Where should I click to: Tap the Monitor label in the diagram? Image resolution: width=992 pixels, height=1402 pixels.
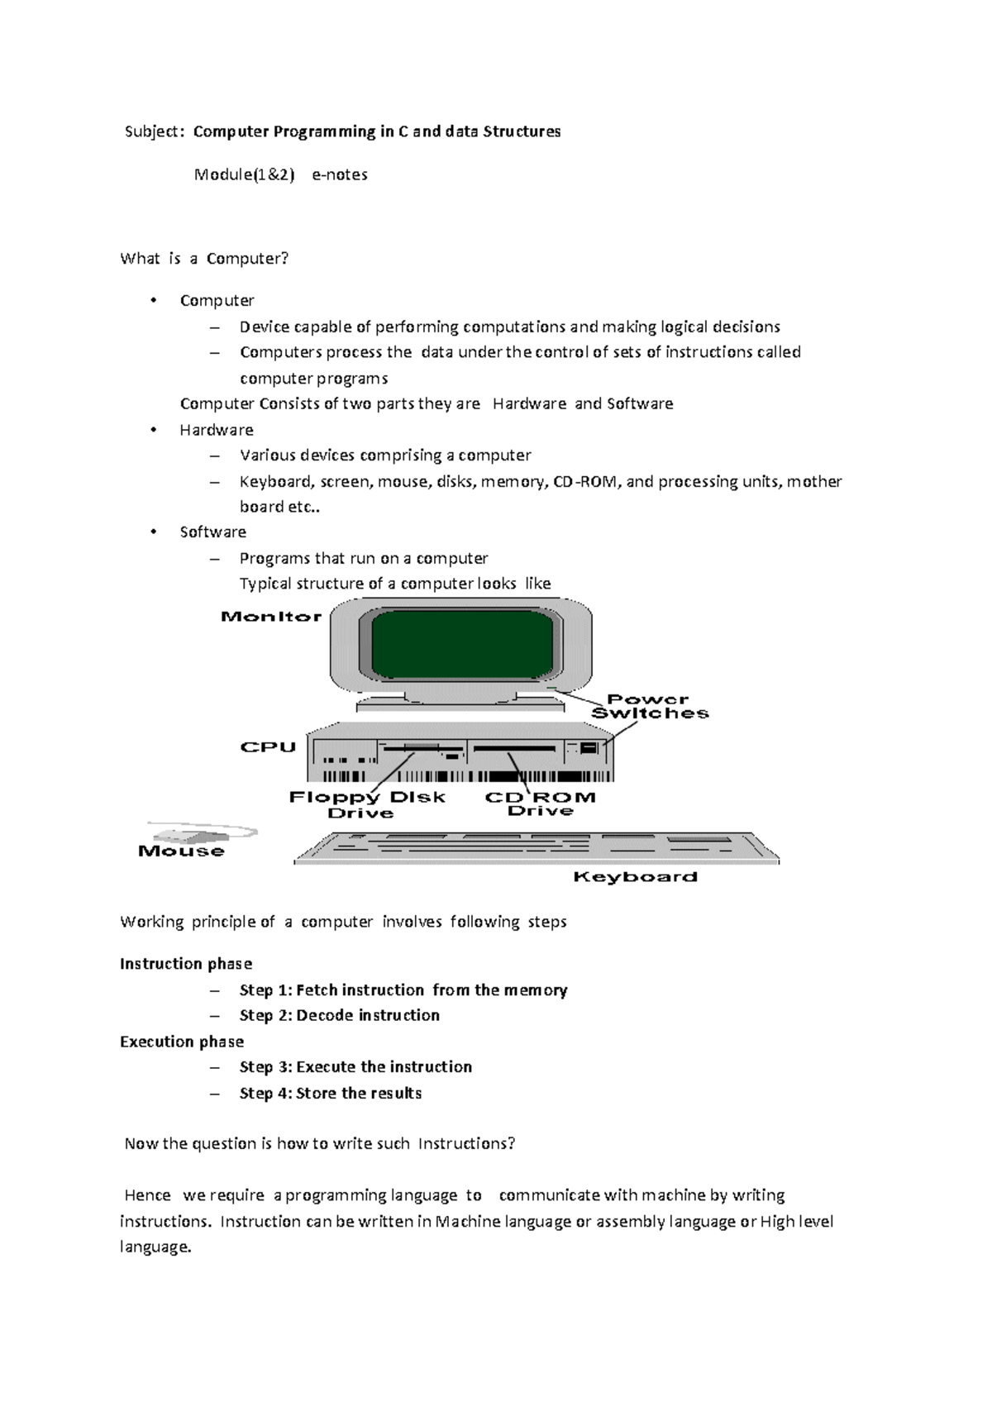271,617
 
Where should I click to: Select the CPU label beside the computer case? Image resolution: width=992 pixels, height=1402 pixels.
268,747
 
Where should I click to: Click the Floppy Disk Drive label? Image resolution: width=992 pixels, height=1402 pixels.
366,804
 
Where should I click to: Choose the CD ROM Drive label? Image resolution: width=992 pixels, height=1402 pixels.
540,804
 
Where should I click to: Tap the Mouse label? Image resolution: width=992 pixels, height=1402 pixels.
181,851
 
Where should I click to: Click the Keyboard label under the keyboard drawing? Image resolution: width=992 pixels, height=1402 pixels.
635,877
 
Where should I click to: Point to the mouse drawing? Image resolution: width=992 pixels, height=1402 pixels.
198,833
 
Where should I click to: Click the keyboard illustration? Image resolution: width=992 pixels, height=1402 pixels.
536,849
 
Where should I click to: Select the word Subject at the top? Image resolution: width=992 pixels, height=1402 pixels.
150,132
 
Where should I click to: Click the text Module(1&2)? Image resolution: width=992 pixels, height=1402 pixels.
244,175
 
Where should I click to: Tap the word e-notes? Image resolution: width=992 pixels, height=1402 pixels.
340,175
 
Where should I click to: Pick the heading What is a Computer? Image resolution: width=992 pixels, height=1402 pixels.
204,259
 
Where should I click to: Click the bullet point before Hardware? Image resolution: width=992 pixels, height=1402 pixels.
154,430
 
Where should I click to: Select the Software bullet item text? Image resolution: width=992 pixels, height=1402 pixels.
213,532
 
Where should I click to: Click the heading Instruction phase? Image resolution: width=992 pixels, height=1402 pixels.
186,964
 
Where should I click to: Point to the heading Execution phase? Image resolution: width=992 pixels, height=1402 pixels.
182,1042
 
